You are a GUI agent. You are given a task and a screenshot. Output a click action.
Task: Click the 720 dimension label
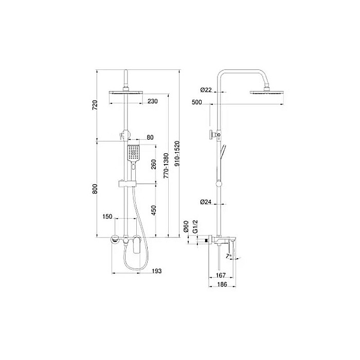click(95, 105)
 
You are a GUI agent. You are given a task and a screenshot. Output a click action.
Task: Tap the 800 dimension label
click(95, 189)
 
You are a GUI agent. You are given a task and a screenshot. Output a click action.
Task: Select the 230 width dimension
click(152, 101)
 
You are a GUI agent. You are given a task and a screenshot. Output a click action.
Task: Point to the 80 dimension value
click(150, 137)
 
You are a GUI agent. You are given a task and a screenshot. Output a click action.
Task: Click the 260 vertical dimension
click(154, 164)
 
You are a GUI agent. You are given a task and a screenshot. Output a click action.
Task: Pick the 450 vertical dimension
click(154, 210)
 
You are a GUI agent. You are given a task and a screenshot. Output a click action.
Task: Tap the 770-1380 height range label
click(166, 166)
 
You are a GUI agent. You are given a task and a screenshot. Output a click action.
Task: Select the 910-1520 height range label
click(177, 154)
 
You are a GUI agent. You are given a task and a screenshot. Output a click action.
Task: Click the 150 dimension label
click(107, 217)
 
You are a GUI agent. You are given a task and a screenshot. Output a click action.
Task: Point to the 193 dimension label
click(157, 271)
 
